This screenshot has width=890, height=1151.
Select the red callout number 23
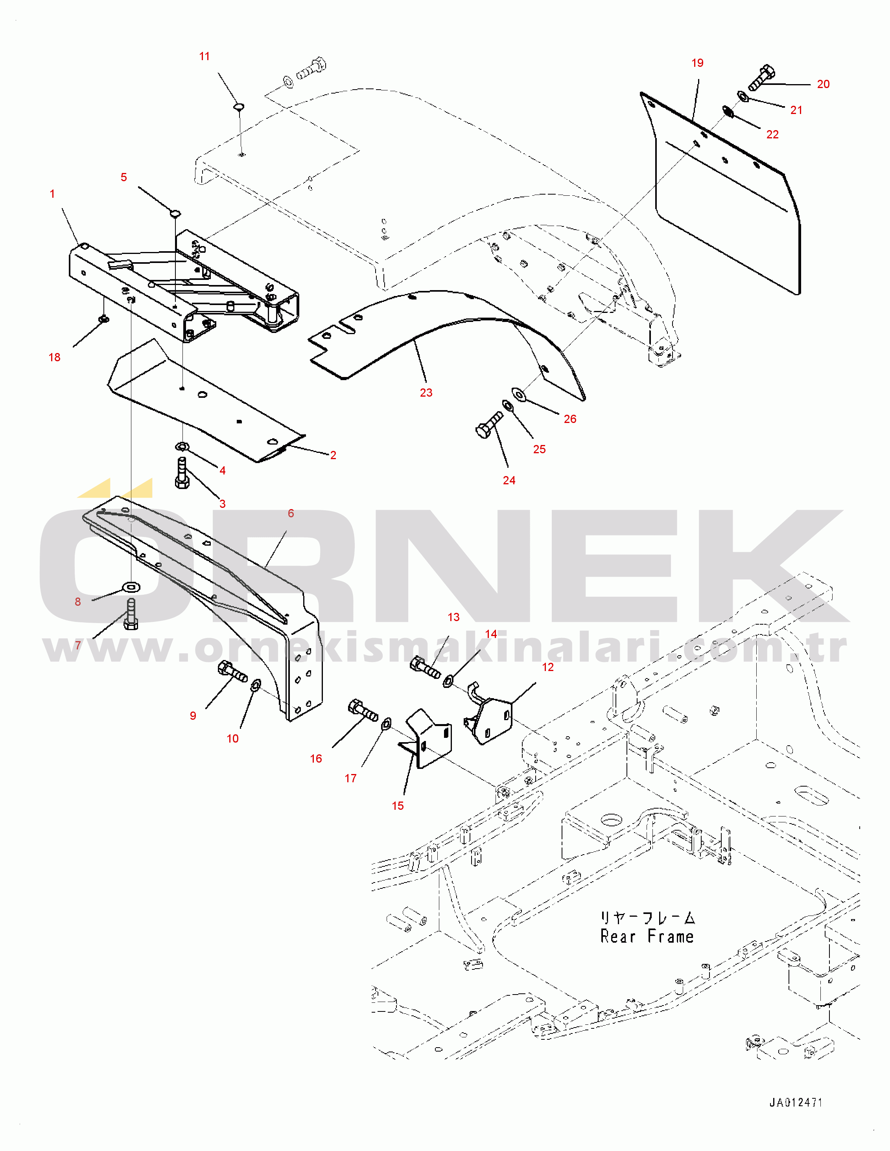[x=426, y=393]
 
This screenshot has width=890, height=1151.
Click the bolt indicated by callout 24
[x=489, y=425]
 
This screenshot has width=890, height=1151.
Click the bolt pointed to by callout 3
[x=182, y=473]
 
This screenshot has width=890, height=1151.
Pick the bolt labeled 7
[x=131, y=614]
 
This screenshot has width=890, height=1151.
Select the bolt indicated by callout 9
[x=232, y=671]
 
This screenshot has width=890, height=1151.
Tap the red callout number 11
[x=205, y=56]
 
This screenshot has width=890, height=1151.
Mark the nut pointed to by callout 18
[x=104, y=318]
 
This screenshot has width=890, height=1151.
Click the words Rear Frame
[x=647, y=936]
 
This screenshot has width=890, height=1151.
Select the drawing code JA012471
[x=796, y=1103]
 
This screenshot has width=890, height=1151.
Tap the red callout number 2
[x=333, y=455]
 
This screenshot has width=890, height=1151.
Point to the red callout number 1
[x=52, y=194]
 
